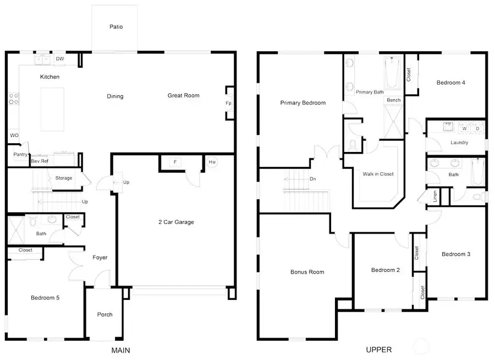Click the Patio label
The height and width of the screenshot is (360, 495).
(x=116, y=26)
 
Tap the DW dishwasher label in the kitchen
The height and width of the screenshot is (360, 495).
(x=60, y=59)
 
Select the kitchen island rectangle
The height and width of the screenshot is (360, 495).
(x=52, y=109)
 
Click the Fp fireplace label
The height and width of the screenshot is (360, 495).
(x=228, y=103)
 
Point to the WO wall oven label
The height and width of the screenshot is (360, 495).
(x=14, y=135)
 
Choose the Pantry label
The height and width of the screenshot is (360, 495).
(x=20, y=155)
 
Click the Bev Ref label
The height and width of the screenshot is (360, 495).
(x=40, y=161)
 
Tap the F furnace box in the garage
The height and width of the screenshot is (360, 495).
(x=175, y=162)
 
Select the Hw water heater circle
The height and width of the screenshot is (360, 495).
(x=212, y=162)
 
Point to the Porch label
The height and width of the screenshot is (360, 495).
(x=105, y=314)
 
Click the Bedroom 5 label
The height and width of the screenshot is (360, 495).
(x=45, y=298)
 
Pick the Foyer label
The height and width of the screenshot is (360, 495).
(x=100, y=257)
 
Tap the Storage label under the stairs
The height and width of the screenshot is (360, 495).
(x=64, y=178)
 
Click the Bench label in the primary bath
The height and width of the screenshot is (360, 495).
(x=393, y=100)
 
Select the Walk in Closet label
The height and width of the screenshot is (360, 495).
(x=378, y=174)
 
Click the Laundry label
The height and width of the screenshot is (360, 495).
(x=459, y=143)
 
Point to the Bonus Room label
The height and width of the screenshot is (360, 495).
(x=307, y=272)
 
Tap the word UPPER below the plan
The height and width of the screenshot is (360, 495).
(x=378, y=350)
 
